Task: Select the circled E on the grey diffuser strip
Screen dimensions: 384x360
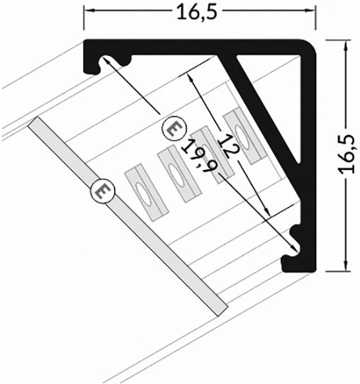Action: (x=103, y=191)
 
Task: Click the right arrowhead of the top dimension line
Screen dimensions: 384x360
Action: (x=312, y=10)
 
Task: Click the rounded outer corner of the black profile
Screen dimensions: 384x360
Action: (x=313, y=47)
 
